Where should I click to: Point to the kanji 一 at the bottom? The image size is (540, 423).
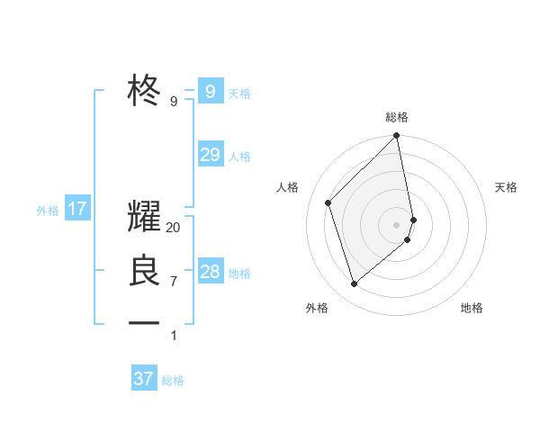(x=145, y=321)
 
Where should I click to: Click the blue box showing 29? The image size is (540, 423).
(x=210, y=155)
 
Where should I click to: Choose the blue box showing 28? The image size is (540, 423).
(x=210, y=272)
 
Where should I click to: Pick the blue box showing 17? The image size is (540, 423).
(x=77, y=210)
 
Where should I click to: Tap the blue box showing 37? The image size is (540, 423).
(x=144, y=379)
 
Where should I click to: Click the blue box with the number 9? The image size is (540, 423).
(x=210, y=91)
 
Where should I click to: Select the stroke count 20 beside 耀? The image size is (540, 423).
(x=174, y=228)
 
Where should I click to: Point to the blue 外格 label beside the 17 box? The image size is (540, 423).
(x=48, y=211)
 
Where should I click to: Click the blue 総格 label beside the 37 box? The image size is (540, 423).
(x=173, y=381)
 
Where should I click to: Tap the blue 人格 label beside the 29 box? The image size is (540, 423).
(x=239, y=157)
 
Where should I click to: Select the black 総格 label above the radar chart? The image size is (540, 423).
(x=397, y=117)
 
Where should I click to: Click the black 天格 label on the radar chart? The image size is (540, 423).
(x=506, y=187)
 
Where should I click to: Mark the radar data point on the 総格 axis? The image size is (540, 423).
(x=397, y=137)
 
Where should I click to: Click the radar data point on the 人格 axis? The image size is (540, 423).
(x=328, y=202)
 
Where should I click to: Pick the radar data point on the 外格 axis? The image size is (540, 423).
(x=355, y=283)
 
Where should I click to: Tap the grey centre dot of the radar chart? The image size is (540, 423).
(x=397, y=224)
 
